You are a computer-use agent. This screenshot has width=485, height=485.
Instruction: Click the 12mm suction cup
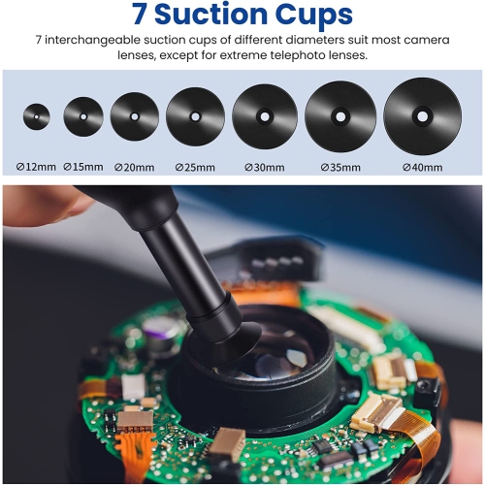(x=37, y=117)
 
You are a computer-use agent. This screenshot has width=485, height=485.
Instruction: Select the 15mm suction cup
(x=83, y=117)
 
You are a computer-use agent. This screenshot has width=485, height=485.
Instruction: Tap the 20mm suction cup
(x=134, y=117)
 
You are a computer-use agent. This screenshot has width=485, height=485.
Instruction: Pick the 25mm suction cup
(x=195, y=116)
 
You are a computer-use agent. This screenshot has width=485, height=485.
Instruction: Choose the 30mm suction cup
(x=264, y=116)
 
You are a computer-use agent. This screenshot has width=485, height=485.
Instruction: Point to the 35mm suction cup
(x=339, y=116)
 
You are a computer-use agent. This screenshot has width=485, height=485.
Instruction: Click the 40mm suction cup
(x=422, y=115)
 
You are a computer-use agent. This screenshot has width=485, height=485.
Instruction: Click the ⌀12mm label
(x=37, y=167)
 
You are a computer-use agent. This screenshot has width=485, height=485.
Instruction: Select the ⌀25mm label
(x=194, y=167)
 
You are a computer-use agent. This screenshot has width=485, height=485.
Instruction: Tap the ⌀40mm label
(x=423, y=167)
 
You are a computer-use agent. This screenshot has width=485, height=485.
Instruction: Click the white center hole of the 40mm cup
(x=422, y=115)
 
